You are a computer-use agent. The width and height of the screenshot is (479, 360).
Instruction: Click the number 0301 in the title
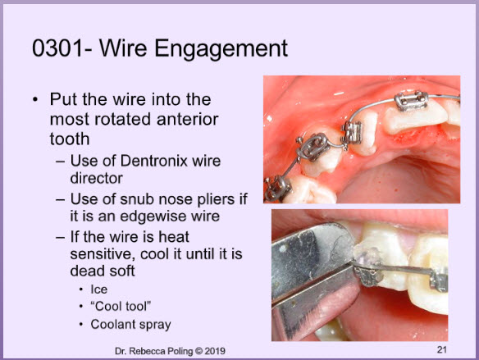(x=57, y=48)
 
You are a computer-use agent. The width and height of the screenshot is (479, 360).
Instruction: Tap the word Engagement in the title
(x=221, y=49)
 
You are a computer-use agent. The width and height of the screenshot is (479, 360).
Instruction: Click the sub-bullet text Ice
(x=99, y=289)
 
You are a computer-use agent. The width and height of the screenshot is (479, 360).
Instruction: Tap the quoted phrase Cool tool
(x=121, y=306)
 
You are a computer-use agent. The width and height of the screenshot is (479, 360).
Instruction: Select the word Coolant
(x=112, y=324)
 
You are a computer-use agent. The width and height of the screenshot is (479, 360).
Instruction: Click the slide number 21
(x=442, y=349)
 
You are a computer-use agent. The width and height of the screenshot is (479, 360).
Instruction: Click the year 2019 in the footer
(x=215, y=351)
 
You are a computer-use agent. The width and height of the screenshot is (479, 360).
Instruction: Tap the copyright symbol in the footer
(x=198, y=352)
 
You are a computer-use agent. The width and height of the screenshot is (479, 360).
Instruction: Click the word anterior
(x=187, y=119)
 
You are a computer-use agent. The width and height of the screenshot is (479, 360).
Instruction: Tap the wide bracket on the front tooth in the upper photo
(x=411, y=100)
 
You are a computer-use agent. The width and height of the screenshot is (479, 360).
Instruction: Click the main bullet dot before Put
(x=36, y=100)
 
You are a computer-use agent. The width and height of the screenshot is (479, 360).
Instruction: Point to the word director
(x=97, y=178)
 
